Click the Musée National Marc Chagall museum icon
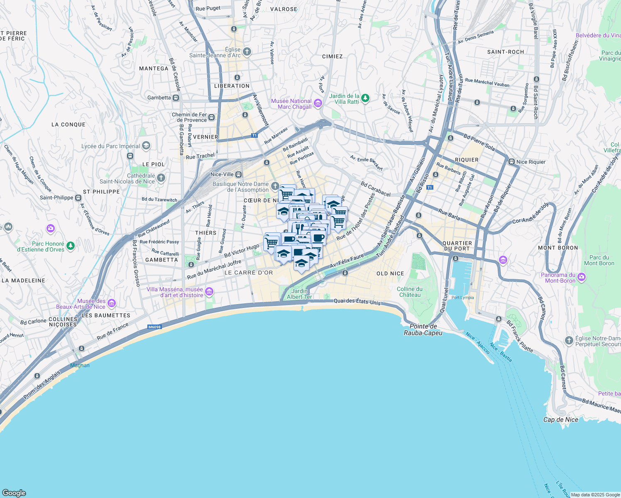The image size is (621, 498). pos(318,103)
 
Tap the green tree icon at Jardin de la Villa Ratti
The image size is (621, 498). pos(365,98)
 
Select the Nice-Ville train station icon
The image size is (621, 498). pos(239,175)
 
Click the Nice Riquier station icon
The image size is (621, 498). pos(511,162)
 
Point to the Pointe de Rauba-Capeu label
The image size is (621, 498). pos(423,330)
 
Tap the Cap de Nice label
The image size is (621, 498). pos(560,420)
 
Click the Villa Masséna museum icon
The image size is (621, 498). pos(209,292)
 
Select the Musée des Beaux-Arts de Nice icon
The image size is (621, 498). pos(111,304)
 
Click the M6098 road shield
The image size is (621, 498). pos(154,327)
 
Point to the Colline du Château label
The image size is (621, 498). pos(409,292)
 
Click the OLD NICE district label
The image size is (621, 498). pos(390,273)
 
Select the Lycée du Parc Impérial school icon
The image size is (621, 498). pos(146,146)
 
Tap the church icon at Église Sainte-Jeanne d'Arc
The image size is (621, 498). pos(247,52)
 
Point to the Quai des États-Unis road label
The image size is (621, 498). pos(357,302)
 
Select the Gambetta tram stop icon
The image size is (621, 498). pos(176,98)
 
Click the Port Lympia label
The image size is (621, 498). pos(462,298)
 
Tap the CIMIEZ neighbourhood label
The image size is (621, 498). pos(332,56)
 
